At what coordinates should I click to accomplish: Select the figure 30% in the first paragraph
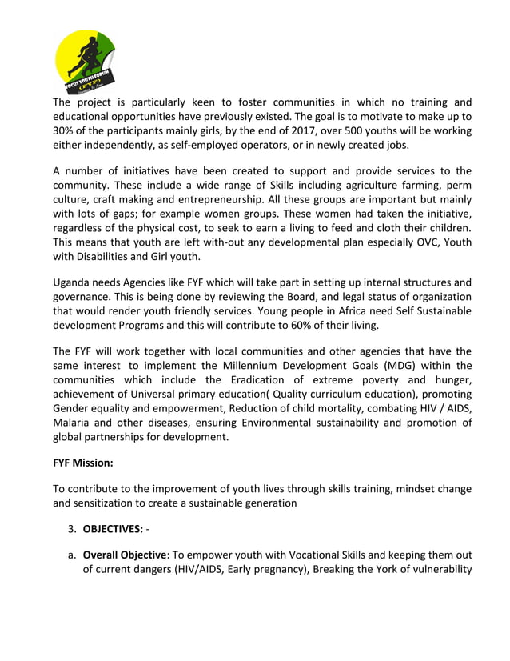tap(66, 132)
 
